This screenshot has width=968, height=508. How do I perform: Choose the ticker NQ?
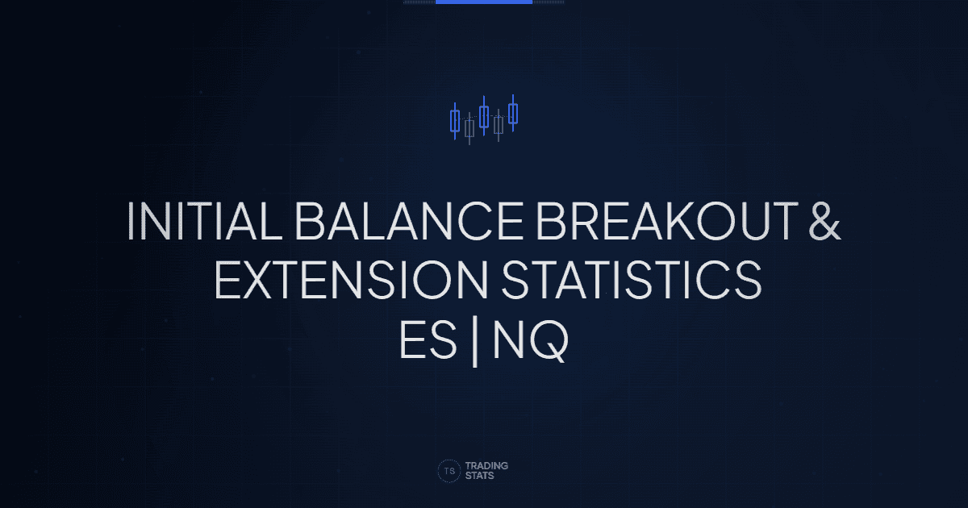pos(530,342)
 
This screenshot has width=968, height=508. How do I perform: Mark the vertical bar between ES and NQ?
pos(476,343)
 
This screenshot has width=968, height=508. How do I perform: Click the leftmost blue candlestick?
pos(455,122)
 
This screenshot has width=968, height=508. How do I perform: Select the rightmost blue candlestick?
pos(513,114)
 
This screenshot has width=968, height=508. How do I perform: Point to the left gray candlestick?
pos(469,129)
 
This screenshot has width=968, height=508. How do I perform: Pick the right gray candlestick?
pos(499,125)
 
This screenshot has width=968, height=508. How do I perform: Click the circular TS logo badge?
pos(449,471)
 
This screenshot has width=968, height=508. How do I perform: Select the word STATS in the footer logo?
pos(482,477)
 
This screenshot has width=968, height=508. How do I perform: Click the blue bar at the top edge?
pos(484,2)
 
